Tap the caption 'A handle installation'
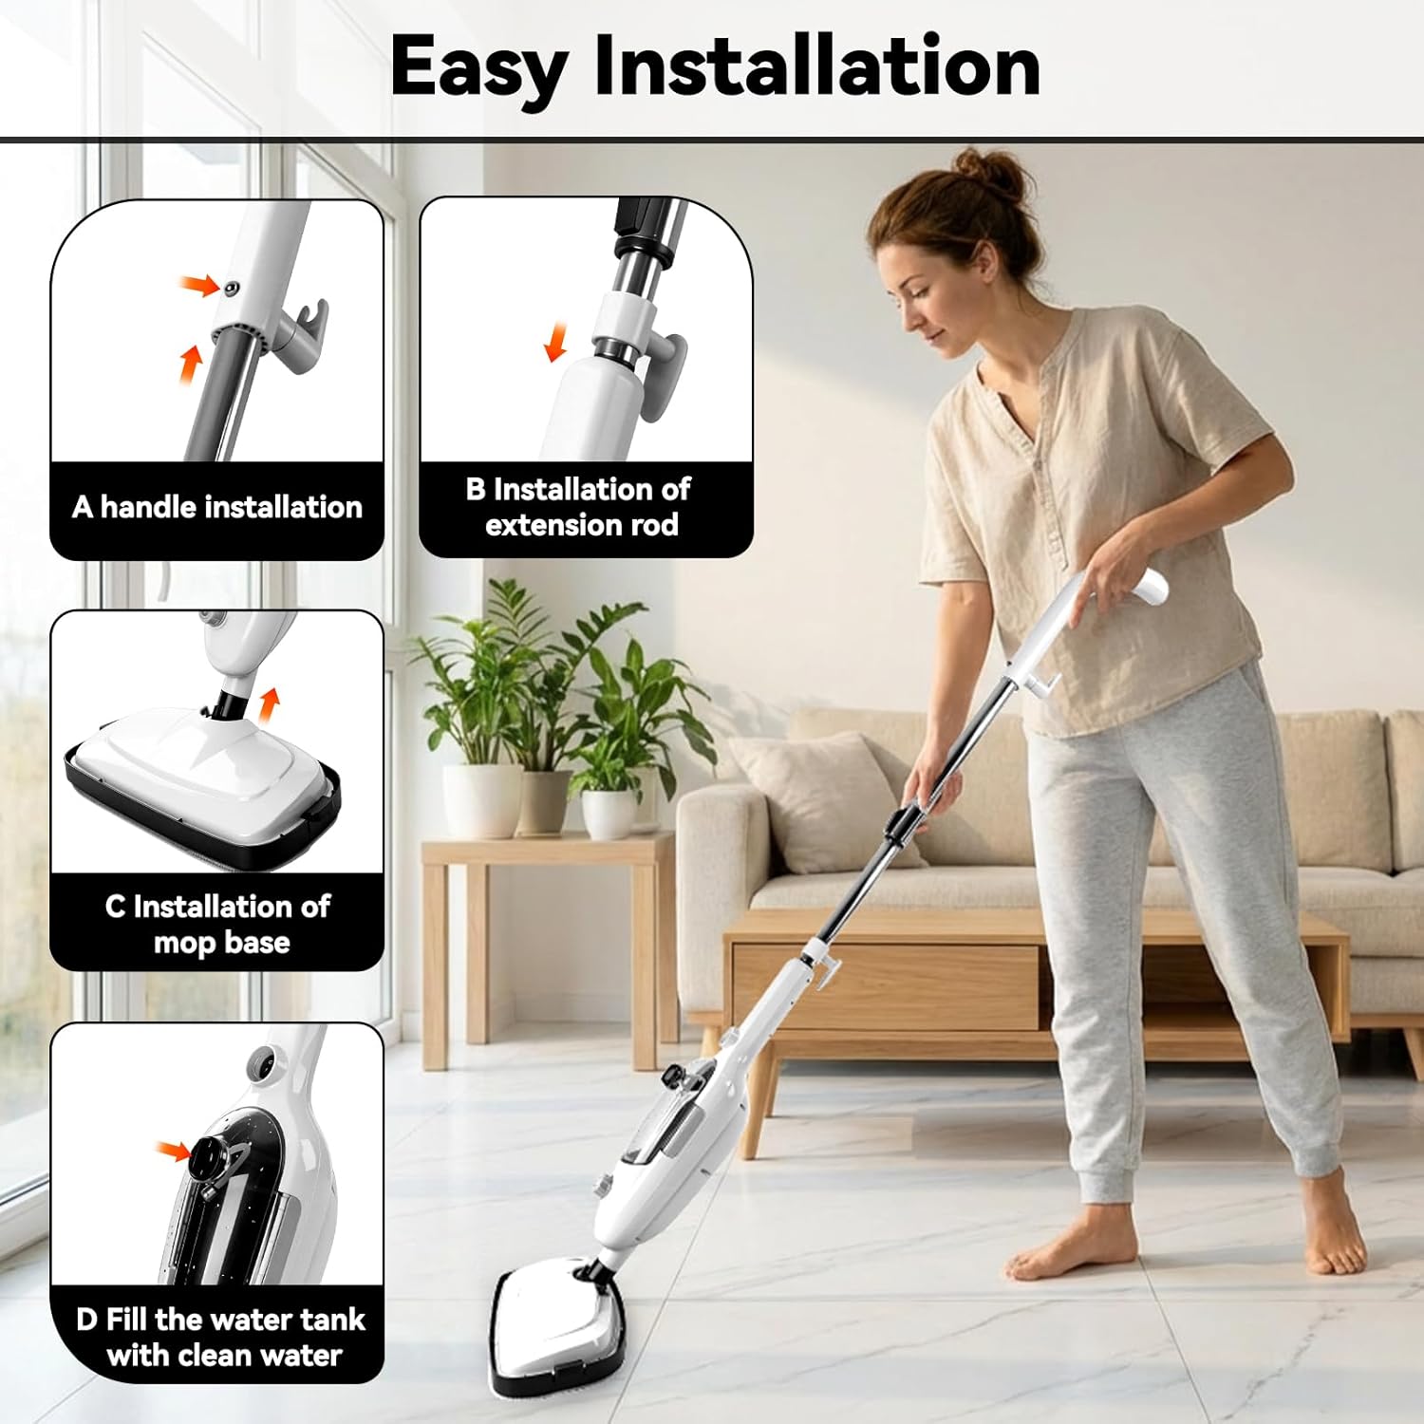click(217, 507)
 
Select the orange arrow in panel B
click(555, 343)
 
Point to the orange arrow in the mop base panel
click(270, 703)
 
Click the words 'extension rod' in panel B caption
click(582, 525)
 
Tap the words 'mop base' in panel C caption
click(221, 943)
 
